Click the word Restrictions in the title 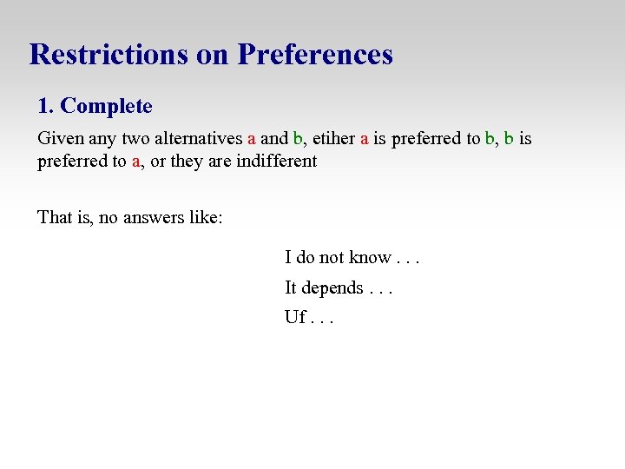click(x=109, y=55)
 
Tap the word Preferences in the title click(x=315, y=55)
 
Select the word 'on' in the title click(x=212, y=55)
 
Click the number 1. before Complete click(x=46, y=107)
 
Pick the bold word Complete click(x=106, y=107)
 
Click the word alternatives click(x=199, y=138)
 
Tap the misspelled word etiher click(x=332, y=138)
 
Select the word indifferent click(x=276, y=161)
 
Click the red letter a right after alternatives click(x=251, y=138)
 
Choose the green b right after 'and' click(x=297, y=138)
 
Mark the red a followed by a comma click(x=136, y=161)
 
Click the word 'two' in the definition click(x=135, y=138)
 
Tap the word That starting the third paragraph click(x=54, y=216)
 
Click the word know click(x=370, y=257)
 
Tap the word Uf click(x=295, y=317)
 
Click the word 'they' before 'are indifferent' click(x=187, y=161)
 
